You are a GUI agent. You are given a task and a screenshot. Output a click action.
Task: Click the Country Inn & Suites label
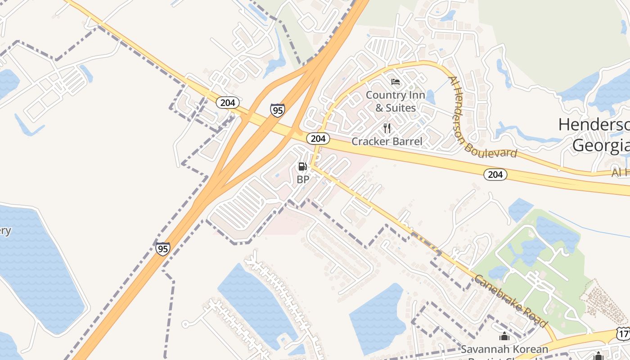[391, 101]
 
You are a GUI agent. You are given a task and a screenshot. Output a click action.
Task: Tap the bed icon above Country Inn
[396, 82]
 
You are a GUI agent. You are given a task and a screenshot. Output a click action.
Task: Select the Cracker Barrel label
[387, 141]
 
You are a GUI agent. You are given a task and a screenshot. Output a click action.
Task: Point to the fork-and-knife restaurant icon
[387, 128]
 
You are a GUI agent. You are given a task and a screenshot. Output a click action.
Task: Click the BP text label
[303, 179]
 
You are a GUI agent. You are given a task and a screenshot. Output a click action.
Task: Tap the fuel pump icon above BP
[303, 166]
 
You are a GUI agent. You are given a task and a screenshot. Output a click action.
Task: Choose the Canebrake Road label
[511, 301]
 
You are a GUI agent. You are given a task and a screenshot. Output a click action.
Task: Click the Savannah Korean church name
[504, 349]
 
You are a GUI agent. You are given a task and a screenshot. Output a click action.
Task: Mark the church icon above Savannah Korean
[504, 337]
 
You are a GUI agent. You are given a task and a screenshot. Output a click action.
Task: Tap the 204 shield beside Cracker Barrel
[318, 138]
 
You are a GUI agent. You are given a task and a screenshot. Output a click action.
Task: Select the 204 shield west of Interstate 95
[228, 103]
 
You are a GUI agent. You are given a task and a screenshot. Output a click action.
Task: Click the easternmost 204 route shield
[495, 174]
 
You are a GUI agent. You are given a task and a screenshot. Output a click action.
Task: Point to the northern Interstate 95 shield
[277, 110]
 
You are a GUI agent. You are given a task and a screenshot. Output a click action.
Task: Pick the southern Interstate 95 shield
[162, 248]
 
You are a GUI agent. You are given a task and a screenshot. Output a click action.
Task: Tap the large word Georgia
[601, 145]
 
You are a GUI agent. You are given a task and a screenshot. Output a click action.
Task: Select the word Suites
[400, 108]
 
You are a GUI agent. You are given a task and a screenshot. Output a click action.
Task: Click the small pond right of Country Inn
[431, 96]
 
